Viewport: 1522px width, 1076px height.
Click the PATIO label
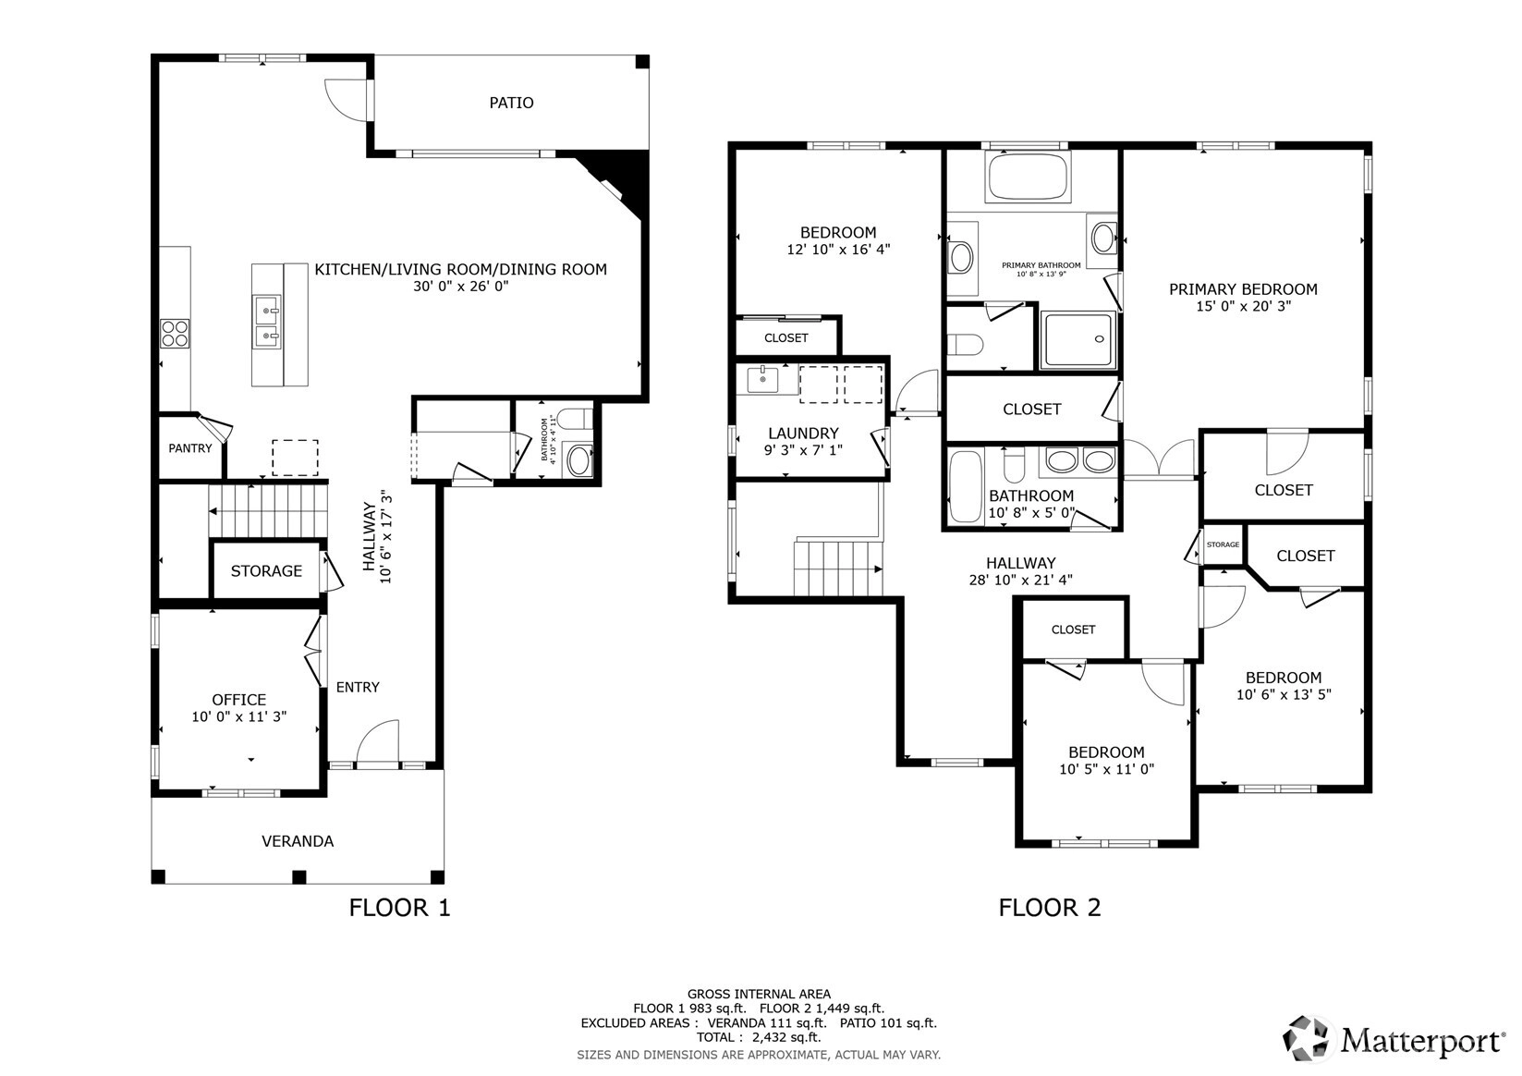click(x=511, y=103)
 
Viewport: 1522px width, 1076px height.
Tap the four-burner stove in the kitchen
click(x=175, y=333)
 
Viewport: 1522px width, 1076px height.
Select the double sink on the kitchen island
click(x=266, y=322)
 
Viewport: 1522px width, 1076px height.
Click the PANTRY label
click(x=190, y=448)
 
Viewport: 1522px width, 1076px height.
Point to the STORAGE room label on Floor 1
click(x=266, y=571)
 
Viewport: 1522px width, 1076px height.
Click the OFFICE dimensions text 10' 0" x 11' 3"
click(x=239, y=716)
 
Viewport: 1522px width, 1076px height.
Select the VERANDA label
click(x=298, y=841)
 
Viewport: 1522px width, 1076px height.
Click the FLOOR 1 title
click(x=399, y=908)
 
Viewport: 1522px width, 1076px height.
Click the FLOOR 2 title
click(x=1050, y=908)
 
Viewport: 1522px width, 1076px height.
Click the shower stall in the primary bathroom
click(x=1078, y=339)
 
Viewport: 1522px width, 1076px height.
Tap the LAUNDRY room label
click(x=803, y=433)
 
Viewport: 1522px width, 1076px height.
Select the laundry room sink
click(x=763, y=379)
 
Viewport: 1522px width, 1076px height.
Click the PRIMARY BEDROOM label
click(x=1244, y=289)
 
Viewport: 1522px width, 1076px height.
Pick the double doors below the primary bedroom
click(x=1159, y=459)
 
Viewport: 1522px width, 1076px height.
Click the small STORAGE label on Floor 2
click(x=1223, y=544)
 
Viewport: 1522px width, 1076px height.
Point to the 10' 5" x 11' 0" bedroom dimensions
click(x=1107, y=769)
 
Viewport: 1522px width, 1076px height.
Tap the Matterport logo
click(x=1393, y=1039)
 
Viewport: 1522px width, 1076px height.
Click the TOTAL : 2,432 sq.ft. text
click(x=759, y=1037)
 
